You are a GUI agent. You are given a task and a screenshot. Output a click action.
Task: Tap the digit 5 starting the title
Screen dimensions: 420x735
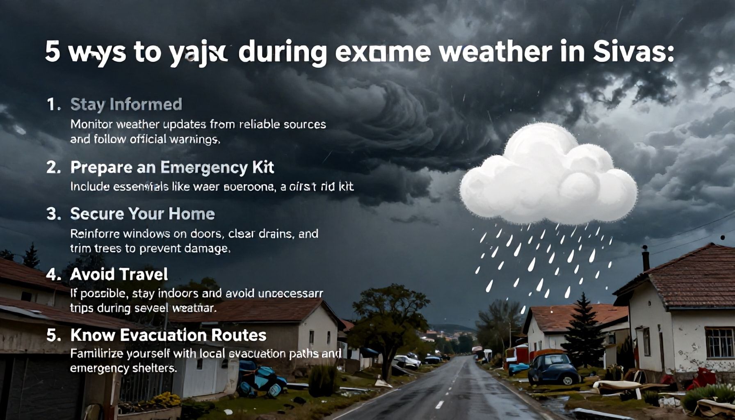pos(52,52)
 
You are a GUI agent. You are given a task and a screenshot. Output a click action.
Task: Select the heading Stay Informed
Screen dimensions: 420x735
pos(126,104)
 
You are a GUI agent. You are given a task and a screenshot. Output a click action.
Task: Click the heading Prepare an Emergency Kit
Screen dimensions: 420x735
pos(172,167)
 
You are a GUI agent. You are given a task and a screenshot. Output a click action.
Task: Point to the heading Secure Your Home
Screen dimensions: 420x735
pos(142,214)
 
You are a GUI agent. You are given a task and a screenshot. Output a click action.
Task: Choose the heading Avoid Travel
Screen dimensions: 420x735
pos(119,274)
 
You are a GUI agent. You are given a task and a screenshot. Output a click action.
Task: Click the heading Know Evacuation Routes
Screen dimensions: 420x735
pos(168,335)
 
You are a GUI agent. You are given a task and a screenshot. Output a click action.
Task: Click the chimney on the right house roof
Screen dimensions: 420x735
pos(646,258)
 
